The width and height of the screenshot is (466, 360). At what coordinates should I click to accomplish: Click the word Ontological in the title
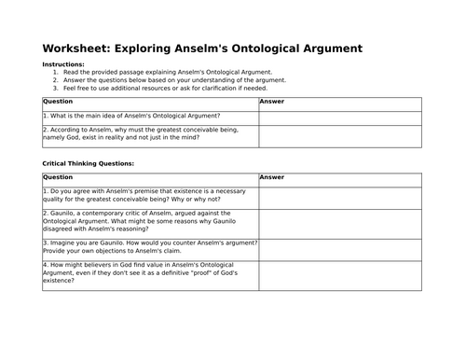pyautogui.click(x=246, y=48)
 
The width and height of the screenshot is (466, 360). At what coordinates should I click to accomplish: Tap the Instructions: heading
pyautogui.click(x=69, y=63)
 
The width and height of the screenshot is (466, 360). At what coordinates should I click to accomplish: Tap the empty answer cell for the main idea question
pyautogui.click(x=340, y=115)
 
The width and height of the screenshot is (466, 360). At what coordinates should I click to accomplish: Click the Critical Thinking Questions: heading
pyautogui.click(x=89, y=162)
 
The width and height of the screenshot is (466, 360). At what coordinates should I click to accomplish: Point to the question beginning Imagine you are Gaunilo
pyautogui.click(x=149, y=247)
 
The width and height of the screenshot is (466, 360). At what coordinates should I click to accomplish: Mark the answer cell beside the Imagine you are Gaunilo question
pyautogui.click(x=340, y=247)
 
